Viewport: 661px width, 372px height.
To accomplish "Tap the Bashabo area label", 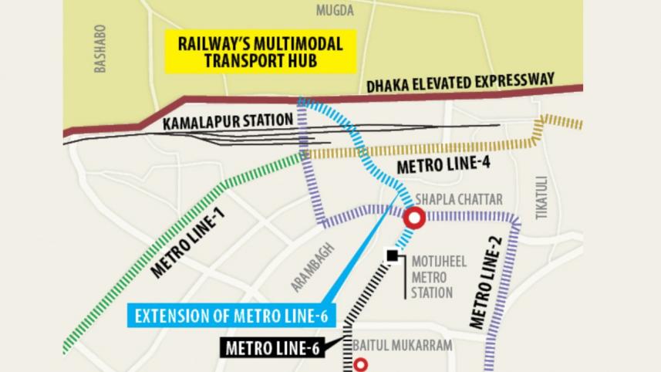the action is pos(99,48).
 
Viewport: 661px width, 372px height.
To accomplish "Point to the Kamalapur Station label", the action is pos(228,121).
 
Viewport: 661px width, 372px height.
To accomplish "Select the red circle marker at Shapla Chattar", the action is pos(415,218).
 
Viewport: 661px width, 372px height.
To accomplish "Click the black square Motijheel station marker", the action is pos(393,255).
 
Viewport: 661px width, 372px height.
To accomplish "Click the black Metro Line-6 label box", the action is pos(273,348).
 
